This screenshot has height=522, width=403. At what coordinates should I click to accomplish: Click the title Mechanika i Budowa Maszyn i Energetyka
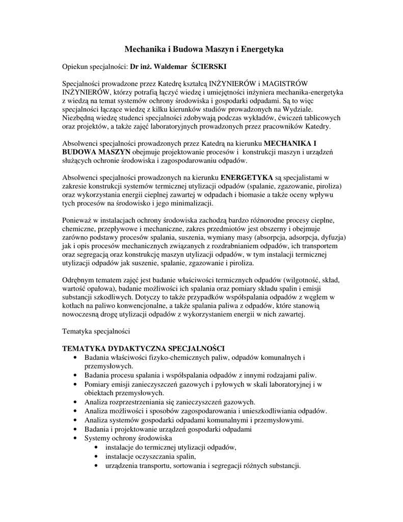[x=204, y=49]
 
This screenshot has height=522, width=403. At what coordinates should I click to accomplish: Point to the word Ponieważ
[x=77, y=220]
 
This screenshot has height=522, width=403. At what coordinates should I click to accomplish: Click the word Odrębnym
[x=78, y=280]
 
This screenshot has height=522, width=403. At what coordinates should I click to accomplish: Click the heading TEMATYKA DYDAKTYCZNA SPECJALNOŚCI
[x=143, y=348]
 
